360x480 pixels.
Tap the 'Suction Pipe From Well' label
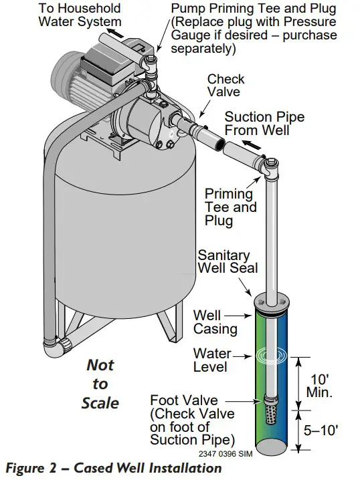click(x=264, y=123)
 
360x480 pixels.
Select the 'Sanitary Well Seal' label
click(x=223, y=263)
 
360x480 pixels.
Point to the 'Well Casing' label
click(x=215, y=322)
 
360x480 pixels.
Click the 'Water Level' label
click(x=212, y=360)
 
